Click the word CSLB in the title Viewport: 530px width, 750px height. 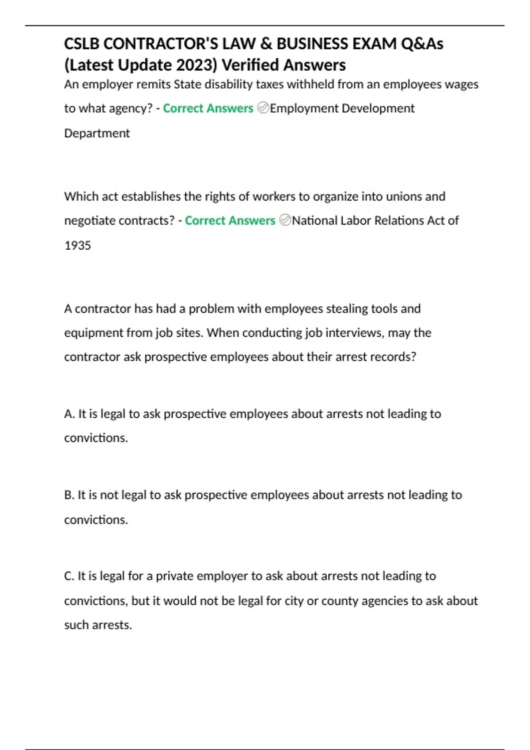pos(82,44)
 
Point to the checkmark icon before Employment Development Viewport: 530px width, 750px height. pos(263,108)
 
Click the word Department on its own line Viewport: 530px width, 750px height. pos(97,133)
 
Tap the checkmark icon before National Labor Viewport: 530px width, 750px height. pos(285,220)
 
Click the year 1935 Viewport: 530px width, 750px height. pos(77,245)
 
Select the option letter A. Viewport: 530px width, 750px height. pos(69,414)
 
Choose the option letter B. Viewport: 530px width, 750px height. pos(69,495)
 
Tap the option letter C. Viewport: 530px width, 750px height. pos(69,576)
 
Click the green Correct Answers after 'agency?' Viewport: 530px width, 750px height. pos(208,108)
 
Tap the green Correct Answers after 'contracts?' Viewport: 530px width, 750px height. pos(230,220)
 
